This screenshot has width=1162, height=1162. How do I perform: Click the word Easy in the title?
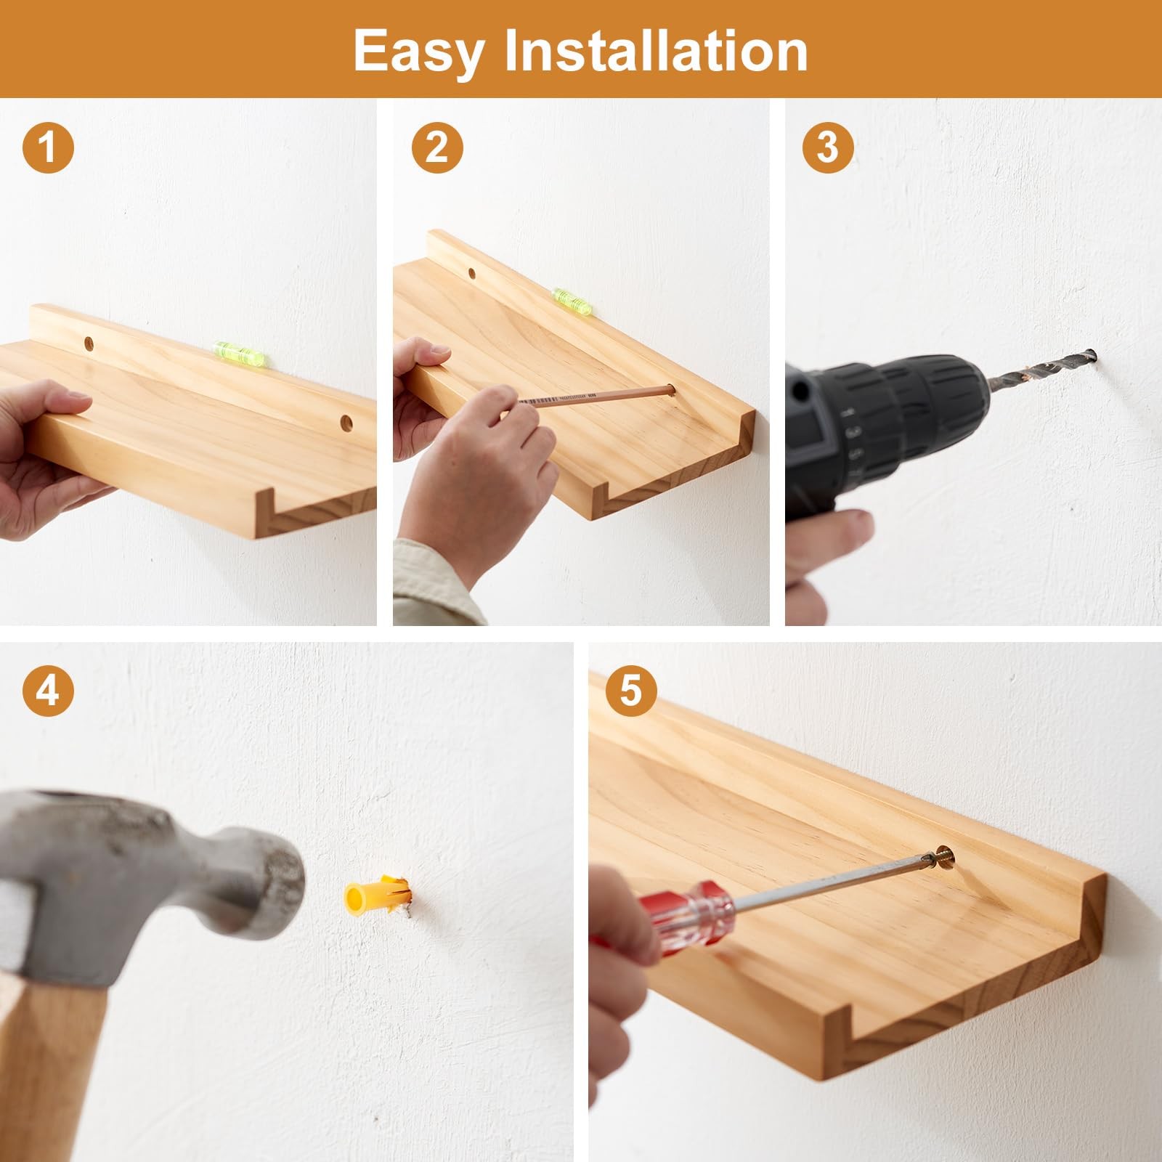(418, 52)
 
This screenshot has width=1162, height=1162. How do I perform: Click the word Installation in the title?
(656, 50)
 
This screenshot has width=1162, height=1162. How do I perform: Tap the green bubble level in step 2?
(570, 301)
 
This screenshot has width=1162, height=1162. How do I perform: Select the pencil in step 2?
(596, 397)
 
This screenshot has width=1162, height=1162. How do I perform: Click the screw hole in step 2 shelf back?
(472, 274)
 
